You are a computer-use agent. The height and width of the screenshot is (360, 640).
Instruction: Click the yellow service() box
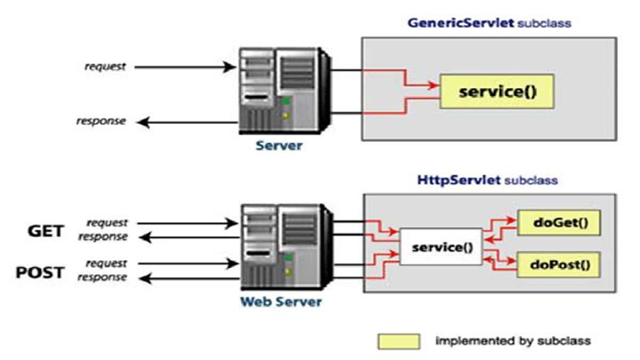click(497, 91)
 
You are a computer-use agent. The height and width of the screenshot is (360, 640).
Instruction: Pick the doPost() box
click(559, 265)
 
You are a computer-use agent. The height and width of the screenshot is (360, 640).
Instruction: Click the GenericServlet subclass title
click(489, 23)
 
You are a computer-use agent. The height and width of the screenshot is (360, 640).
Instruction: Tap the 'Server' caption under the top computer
click(279, 145)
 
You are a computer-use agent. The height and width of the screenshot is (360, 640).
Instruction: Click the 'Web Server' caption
click(281, 302)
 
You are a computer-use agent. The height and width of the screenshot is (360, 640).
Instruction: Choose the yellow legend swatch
click(399, 341)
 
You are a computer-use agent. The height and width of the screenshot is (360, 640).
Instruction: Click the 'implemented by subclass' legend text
click(513, 341)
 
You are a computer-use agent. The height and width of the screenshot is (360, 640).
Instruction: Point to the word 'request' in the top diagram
click(105, 67)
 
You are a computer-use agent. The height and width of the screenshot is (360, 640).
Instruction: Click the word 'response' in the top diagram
click(101, 121)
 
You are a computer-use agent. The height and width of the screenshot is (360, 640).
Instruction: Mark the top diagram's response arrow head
click(143, 121)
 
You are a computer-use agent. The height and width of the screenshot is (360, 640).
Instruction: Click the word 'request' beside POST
click(106, 264)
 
